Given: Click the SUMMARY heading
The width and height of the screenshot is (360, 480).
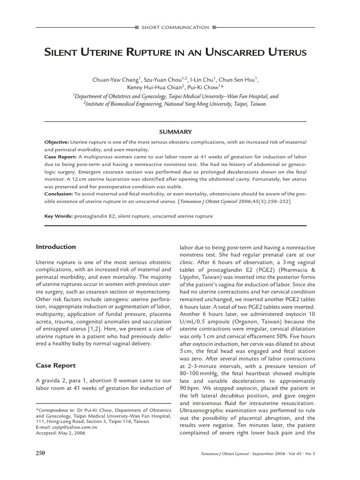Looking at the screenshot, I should click(175, 132).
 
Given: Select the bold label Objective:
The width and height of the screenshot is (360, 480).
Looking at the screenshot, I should click(56, 142).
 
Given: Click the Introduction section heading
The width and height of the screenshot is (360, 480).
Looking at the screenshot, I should click(56, 247).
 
